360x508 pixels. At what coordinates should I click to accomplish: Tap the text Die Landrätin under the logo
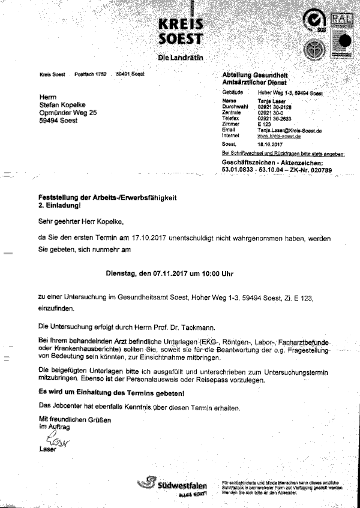pos(180,58)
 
